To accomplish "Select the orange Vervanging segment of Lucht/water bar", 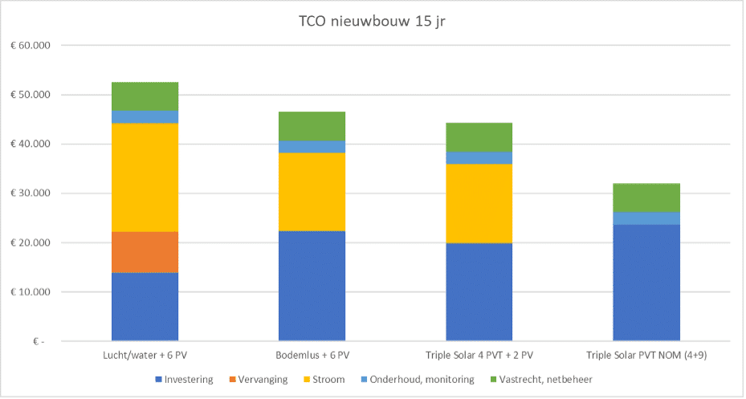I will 145,252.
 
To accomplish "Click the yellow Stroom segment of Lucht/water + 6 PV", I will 145,177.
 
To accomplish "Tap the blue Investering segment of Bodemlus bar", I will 312,285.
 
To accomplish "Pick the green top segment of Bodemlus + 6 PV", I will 312,126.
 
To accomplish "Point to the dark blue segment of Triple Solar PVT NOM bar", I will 646,282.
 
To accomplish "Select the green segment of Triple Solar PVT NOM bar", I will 646,197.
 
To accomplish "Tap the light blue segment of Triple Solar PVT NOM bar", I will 646,218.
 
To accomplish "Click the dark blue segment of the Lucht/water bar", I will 145,307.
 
